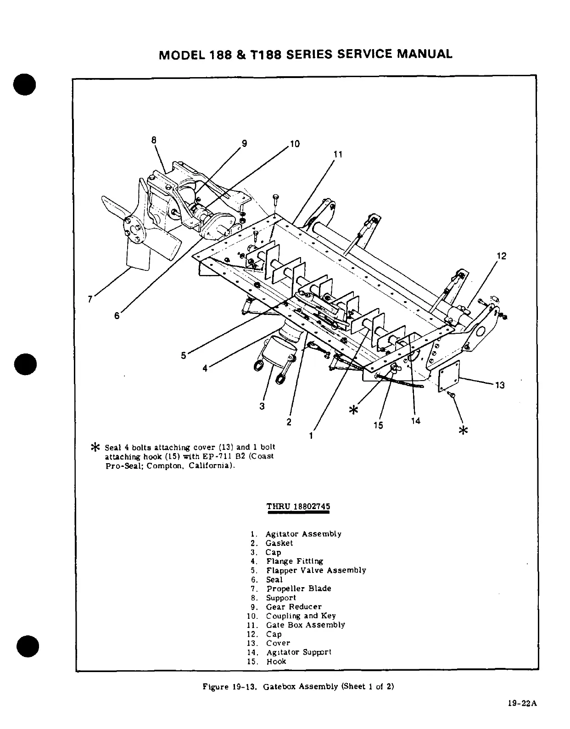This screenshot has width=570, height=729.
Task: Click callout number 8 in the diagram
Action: (x=154, y=139)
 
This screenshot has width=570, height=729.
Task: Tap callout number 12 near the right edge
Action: (x=502, y=256)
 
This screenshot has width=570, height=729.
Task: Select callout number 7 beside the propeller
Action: (x=90, y=299)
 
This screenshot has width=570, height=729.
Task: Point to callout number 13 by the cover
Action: (x=500, y=385)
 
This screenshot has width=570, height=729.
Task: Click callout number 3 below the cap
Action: (x=262, y=406)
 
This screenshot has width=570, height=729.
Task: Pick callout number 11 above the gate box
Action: (x=338, y=155)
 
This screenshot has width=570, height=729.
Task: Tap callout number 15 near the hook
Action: (x=378, y=425)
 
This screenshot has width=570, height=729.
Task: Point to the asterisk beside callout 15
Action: (x=353, y=409)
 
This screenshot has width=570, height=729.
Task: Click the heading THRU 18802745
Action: (x=298, y=507)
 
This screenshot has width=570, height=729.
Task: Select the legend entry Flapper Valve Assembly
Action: (x=316, y=570)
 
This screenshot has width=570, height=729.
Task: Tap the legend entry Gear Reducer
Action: (x=294, y=606)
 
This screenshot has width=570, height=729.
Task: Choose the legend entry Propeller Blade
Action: (x=298, y=589)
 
